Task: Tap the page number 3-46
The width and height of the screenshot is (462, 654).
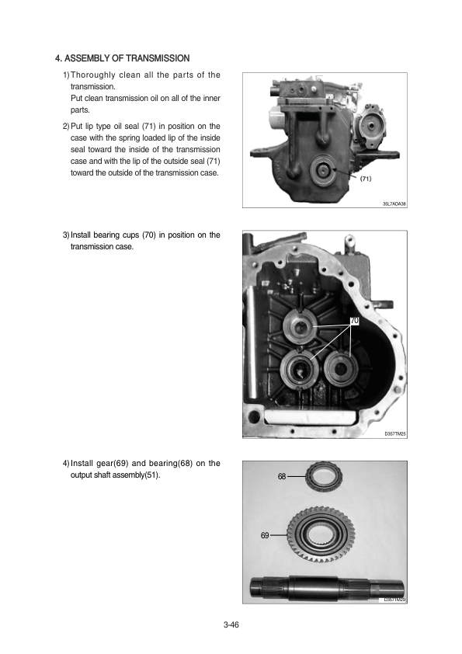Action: [x=231, y=624]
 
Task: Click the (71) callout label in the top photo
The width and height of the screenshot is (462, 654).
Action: [x=365, y=179]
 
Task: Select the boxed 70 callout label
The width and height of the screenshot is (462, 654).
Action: [x=354, y=321]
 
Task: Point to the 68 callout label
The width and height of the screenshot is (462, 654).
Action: [x=282, y=476]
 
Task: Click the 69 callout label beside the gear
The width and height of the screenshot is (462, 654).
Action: [x=265, y=535]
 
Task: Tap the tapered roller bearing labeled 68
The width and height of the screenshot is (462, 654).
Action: [x=324, y=475]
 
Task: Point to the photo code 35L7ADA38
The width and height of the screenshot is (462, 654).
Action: [x=394, y=204]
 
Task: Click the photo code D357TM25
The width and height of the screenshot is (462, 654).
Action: [x=395, y=433]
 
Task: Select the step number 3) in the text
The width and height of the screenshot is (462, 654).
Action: [x=66, y=235]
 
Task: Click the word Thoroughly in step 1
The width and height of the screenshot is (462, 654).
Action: [x=93, y=75]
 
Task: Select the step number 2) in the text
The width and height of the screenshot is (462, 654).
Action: [x=66, y=126]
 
